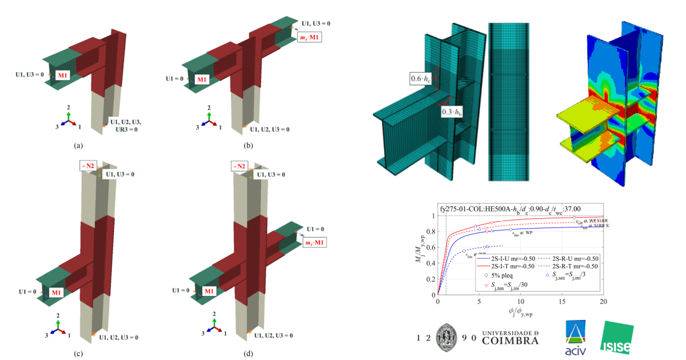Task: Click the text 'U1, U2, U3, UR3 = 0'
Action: click(126, 126)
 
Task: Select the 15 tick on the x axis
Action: click(561, 301)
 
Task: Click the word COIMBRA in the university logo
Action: click(510, 341)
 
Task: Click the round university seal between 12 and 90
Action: click(447, 337)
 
